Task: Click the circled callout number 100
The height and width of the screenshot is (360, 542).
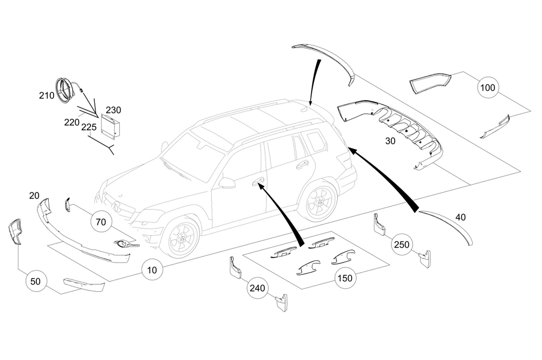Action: tap(488, 87)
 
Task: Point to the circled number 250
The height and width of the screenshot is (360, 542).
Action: tap(402, 245)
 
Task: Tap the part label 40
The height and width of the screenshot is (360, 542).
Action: tap(460, 217)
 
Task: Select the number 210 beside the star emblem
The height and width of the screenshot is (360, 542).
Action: tap(46, 96)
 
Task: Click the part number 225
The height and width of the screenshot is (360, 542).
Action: tap(88, 128)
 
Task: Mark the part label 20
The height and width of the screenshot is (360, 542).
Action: tap(35, 195)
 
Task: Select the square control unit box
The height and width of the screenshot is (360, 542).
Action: tap(111, 125)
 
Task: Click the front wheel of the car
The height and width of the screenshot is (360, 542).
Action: tap(181, 239)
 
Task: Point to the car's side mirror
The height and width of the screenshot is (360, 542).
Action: tap(227, 183)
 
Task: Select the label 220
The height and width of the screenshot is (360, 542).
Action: tap(72, 123)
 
